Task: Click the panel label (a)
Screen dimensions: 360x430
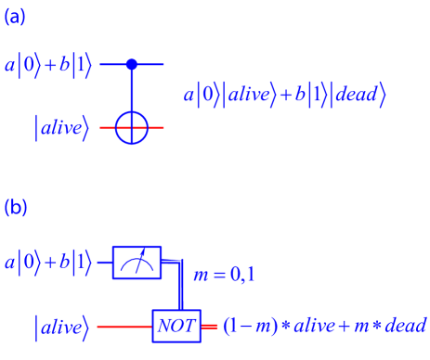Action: tap(16, 16)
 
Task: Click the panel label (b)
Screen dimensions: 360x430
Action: tap(16, 207)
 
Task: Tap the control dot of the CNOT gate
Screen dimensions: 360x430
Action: tap(131, 64)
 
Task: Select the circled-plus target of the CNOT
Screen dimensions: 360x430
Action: tap(131, 127)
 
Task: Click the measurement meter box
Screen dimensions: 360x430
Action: tap(137, 263)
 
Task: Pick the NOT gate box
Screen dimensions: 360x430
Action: tap(176, 326)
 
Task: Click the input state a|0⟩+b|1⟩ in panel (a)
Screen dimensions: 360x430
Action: tap(48, 68)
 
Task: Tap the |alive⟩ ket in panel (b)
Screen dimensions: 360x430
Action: tap(61, 327)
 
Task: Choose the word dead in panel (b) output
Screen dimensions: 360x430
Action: tap(406, 326)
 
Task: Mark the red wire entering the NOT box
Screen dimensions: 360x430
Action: tap(124, 326)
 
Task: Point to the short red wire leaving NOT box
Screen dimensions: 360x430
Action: tap(210, 326)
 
